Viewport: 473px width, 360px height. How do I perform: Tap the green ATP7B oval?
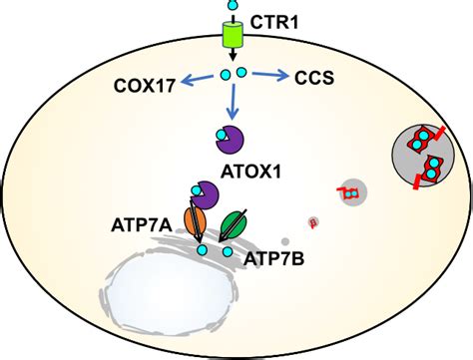[236, 224]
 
